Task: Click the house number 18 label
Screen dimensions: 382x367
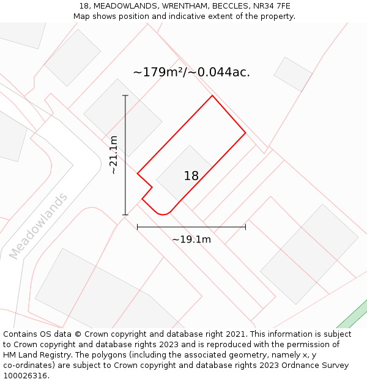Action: [191, 176]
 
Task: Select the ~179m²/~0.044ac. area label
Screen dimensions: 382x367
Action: [191, 72]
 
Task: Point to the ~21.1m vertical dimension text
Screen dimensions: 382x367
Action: [114, 155]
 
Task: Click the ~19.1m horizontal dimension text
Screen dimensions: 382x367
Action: [191, 240]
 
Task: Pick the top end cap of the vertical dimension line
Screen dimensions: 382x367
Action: [125, 95]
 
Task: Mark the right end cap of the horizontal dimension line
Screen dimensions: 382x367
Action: [245, 227]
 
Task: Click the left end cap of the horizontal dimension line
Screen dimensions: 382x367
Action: [138, 227]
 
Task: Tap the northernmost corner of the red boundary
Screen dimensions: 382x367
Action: [212, 96]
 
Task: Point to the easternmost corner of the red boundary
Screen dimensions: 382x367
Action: [245, 133]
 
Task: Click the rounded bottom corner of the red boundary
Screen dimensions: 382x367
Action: [162, 215]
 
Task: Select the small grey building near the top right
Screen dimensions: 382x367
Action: [293, 74]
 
